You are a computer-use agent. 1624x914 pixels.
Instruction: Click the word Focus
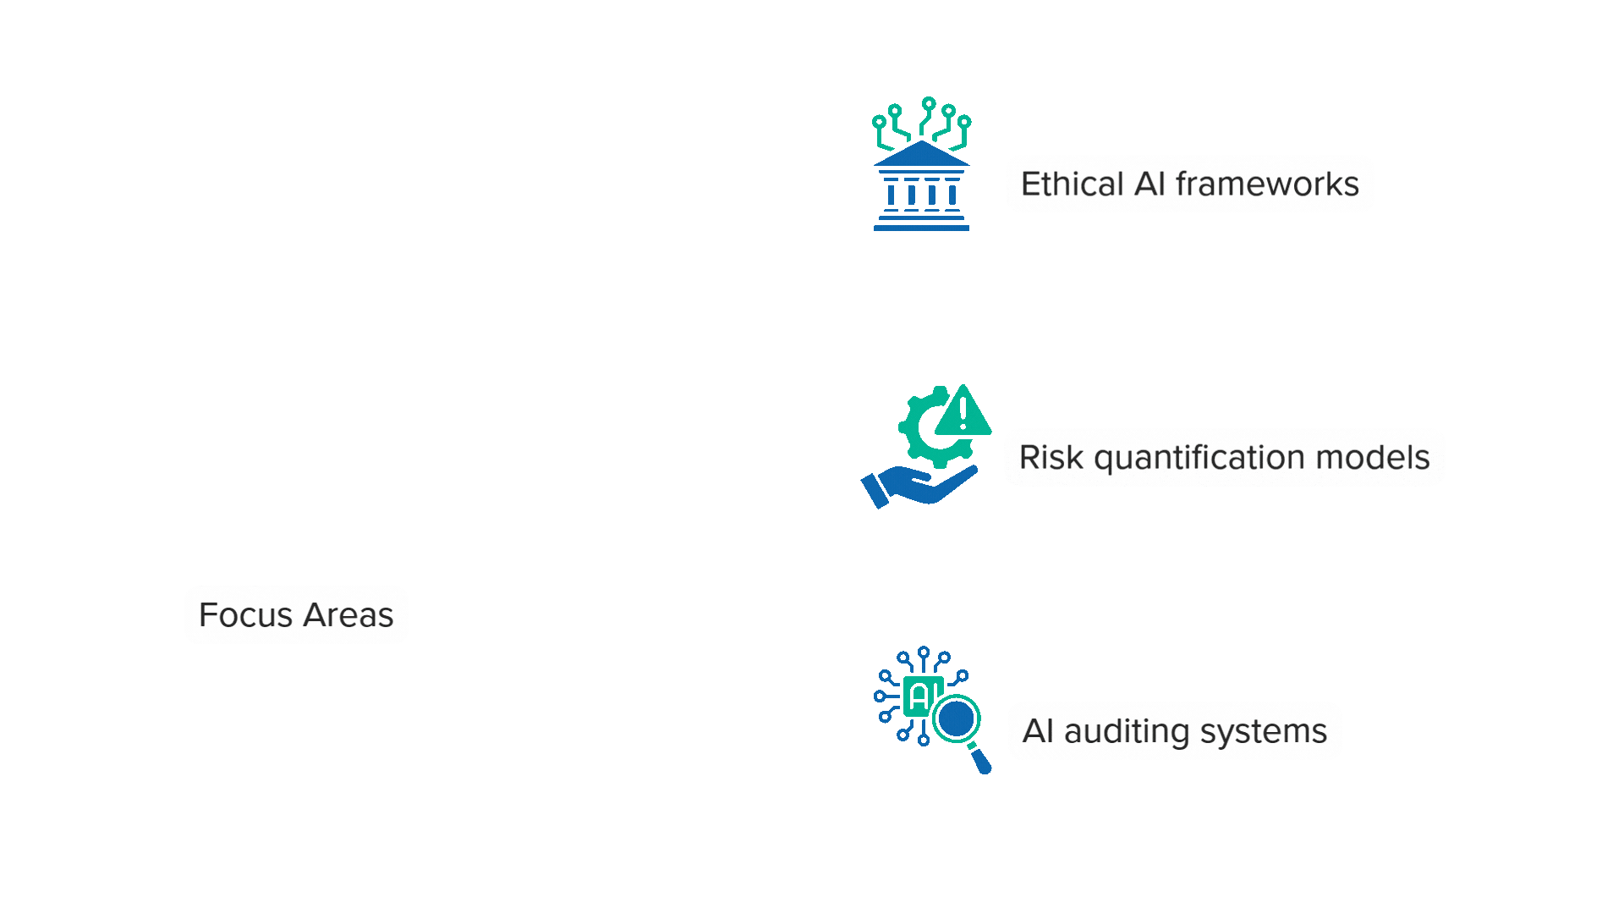[246, 615]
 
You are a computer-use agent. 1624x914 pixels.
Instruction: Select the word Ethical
[1072, 184]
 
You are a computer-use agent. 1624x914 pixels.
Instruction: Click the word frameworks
[1267, 184]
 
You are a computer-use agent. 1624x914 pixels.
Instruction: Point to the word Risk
[1051, 458]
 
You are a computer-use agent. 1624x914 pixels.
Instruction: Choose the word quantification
[1200, 458]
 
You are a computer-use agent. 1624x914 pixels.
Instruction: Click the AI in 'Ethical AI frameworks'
[1149, 184]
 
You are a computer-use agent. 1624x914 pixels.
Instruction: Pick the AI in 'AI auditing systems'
[1038, 731]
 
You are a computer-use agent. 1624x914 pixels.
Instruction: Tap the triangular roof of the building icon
[921, 155]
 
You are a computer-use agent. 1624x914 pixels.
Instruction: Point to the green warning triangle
[963, 413]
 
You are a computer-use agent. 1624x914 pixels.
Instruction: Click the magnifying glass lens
[957, 719]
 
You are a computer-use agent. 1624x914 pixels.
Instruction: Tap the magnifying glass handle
[980, 760]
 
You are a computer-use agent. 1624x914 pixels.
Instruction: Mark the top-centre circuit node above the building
[929, 103]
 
